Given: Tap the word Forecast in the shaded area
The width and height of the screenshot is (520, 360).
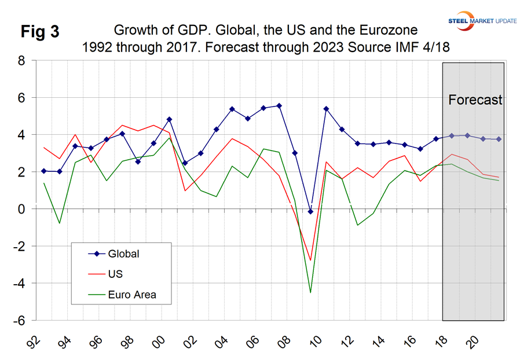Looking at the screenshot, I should click(x=475, y=100).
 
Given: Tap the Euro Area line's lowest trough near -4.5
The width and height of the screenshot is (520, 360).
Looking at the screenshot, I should click(x=310, y=292).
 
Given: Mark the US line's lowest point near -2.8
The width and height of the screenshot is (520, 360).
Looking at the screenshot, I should click(x=310, y=260).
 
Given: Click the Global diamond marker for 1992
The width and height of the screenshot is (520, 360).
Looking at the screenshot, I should click(x=45, y=171).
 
